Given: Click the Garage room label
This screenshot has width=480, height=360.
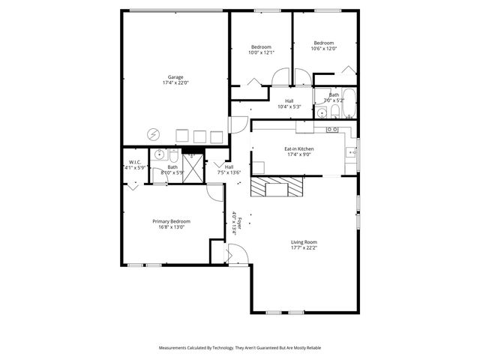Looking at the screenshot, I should click(x=175, y=76).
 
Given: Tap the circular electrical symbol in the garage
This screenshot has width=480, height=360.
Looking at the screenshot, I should click(x=154, y=134).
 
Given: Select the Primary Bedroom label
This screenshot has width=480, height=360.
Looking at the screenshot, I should click(x=171, y=221).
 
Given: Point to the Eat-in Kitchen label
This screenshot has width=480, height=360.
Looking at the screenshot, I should click(x=298, y=149).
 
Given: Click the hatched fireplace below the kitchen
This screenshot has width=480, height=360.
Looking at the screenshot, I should click(x=278, y=187).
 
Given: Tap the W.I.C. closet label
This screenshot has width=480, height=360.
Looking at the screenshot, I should click(x=135, y=162).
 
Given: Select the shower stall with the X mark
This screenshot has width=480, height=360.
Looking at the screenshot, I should click(x=193, y=169).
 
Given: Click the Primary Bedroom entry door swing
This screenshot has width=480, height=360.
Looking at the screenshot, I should click(x=216, y=193).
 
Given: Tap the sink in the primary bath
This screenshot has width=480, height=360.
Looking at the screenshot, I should click(x=158, y=154).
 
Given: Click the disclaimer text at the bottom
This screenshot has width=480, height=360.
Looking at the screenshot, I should click(x=240, y=348).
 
